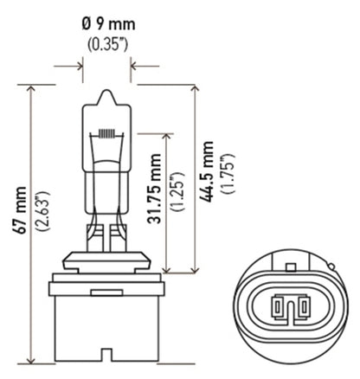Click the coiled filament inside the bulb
[106, 134]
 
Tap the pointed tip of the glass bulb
[106, 86]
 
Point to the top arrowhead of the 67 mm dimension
[32, 87]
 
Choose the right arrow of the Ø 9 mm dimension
[133, 65]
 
